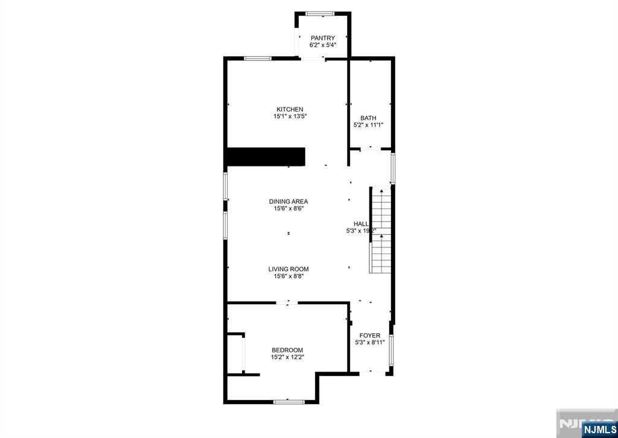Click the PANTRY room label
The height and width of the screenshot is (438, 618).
323,38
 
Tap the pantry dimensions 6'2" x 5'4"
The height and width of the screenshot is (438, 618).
323,45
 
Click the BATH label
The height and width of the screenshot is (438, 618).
368,118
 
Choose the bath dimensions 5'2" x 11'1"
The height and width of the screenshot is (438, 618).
368,125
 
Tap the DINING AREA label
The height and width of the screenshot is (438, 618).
288,202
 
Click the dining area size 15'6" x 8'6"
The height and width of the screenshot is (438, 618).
288,209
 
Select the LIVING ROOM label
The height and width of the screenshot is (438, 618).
288,269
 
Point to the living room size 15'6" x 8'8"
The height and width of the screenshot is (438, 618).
288,276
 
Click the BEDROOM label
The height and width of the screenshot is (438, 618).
287,350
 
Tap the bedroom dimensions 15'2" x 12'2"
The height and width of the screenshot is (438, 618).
287,357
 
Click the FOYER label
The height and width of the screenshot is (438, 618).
370,335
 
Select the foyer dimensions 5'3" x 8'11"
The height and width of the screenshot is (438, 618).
370,343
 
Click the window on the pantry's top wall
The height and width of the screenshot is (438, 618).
320,13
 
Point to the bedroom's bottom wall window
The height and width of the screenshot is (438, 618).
287,401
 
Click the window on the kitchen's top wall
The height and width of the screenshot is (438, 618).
258,59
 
